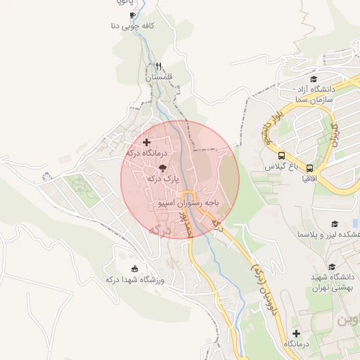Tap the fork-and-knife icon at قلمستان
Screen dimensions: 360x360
click(159, 65)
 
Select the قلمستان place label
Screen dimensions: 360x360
click(159, 77)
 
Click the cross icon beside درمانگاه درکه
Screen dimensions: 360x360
click(146, 143)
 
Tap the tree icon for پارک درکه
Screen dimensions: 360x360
click(163, 168)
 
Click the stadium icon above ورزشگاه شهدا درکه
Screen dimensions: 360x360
click(135, 268)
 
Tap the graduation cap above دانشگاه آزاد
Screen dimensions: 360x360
click(314, 79)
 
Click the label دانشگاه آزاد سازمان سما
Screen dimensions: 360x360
click(314, 96)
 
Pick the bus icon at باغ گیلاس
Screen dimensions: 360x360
click(281, 156)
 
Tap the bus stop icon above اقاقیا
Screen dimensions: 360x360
click(309, 169)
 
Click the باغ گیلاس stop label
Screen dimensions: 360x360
click(282, 167)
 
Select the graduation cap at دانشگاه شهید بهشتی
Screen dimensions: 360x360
click(314, 266)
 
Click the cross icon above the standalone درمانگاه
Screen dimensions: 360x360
click(296, 333)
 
